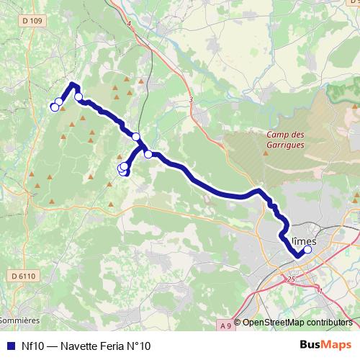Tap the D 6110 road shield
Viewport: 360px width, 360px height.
tap(23, 276)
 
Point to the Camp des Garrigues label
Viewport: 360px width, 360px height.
tap(285, 139)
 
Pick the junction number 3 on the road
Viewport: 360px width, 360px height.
tap(192, 100)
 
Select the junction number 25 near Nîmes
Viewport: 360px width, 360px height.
tap(291, 278)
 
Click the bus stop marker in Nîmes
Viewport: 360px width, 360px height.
tap(307, 250)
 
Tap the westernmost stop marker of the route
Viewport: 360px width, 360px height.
tap(53, 108)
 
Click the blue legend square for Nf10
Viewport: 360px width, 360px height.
tap(9, 346)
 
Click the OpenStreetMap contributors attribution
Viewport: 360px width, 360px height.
tap(297, 323)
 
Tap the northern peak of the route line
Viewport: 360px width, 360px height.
tap(73, 86)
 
